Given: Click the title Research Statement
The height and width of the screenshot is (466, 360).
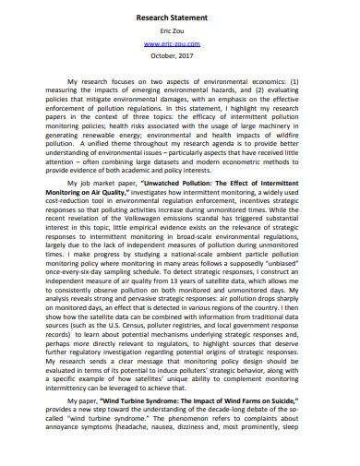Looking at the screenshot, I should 180,18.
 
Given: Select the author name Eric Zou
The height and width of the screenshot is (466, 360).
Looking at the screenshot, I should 180,31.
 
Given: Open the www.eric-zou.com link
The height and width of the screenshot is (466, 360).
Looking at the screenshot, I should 180,43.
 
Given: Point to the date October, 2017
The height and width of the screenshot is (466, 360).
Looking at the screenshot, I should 180,55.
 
